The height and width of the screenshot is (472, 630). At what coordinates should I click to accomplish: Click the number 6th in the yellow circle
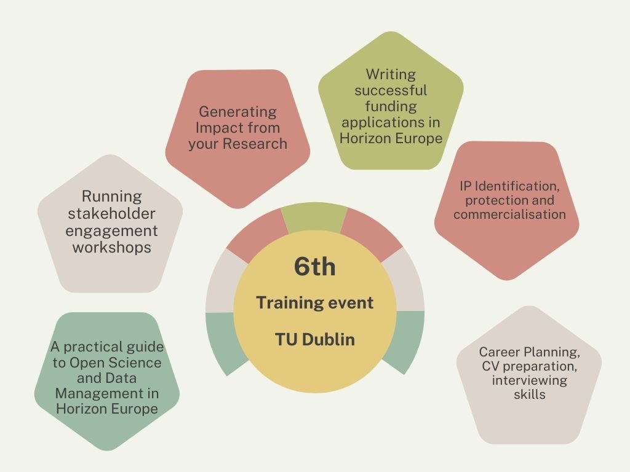coord(314,266)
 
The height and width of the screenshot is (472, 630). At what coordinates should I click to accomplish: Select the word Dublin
coord(329,339)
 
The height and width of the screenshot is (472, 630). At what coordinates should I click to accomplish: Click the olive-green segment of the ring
coord(314,218)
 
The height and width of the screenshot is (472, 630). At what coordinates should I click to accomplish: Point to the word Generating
coord(238,112)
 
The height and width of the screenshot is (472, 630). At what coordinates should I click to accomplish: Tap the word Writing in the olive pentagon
coord(391,74)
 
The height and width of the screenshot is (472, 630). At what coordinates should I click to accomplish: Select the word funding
coord(391,106)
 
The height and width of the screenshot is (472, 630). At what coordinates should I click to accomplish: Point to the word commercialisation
coord(509,214)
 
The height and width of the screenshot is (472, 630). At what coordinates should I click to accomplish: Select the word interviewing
coord(529,380)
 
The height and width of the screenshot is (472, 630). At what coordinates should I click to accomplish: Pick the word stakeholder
coord(112,213)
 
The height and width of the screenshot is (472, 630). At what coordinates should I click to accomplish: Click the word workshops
coord(112,247)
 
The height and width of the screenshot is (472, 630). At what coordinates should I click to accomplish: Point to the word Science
coord(136,363)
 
